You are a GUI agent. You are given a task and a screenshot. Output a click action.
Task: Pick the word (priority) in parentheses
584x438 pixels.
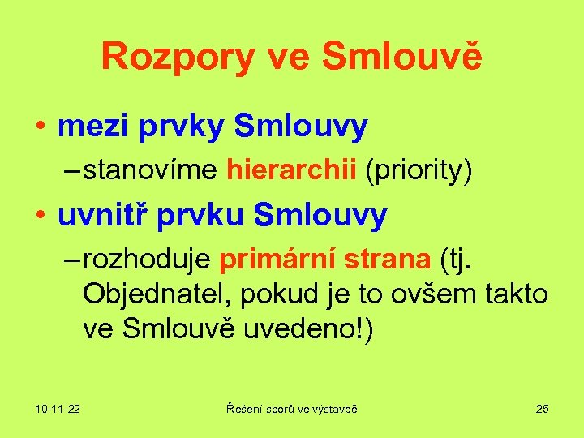pyautogui.click(x=419, y=171)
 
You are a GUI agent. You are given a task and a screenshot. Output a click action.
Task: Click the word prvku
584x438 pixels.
pyautogui.click(x=202, y=217)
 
